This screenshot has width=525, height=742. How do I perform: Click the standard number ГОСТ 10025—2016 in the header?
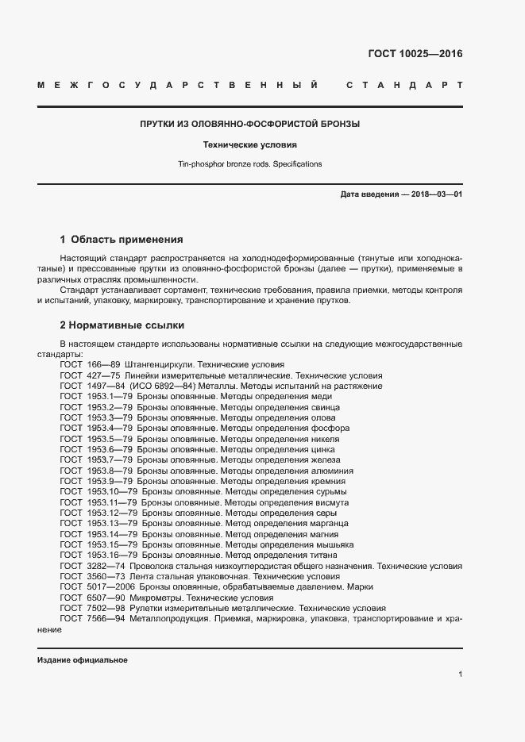(415, 54)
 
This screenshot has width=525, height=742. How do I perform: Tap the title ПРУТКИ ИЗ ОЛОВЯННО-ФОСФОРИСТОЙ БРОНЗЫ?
(250, 125)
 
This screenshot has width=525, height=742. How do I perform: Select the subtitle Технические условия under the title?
(250, 145)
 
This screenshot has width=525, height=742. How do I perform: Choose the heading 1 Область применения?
(122, 239)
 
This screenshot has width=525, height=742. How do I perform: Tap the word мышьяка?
(334, 545)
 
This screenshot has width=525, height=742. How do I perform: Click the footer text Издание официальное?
(82, 660)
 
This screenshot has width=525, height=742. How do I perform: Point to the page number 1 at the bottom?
(460, 674)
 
